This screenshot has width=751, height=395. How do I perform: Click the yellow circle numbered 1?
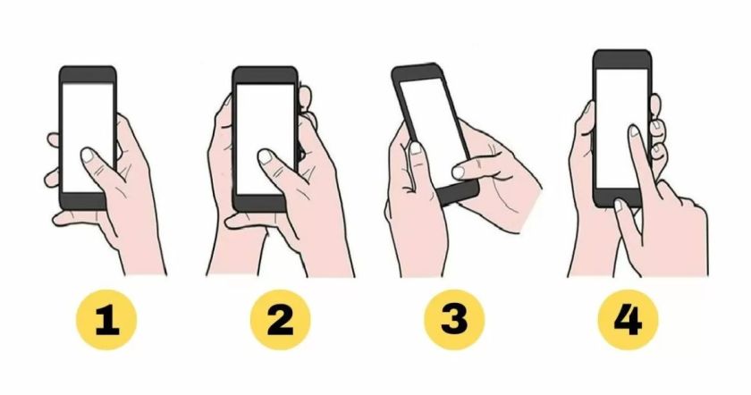point(106,319)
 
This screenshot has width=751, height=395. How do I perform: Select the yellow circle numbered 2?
point(280,319)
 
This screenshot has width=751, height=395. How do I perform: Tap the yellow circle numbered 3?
point(454,319)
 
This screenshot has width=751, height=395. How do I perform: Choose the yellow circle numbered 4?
point(628,319)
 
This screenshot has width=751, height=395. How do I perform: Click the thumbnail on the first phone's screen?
point(88,155)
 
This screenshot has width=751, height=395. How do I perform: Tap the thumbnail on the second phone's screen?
point(266,156)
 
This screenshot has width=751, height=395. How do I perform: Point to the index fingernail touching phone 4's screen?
point(635,130)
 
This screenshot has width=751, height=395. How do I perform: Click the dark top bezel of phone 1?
point(88,75)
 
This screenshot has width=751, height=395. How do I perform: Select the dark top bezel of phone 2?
point(265,76)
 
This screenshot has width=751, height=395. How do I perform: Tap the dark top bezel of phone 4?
point(622,60)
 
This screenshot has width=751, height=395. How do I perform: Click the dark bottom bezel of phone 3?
point(458,192)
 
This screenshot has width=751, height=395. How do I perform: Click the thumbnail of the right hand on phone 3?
point(459,172)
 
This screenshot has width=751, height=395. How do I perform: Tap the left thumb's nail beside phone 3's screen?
point(416,148)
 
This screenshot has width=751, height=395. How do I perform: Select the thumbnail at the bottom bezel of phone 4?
point(618,206)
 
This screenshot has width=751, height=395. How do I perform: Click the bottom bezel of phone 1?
point(82,202)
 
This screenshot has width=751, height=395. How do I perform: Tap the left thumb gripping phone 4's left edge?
point(582,144)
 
